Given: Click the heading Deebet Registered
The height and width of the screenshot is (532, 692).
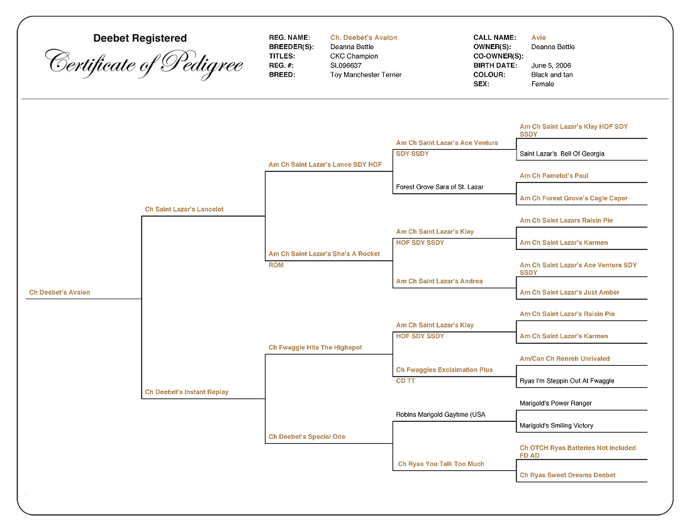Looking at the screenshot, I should [140, 38].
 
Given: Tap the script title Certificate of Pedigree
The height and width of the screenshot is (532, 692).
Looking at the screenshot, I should [144, 64].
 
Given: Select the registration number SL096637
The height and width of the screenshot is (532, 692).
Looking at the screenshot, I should [346, 65].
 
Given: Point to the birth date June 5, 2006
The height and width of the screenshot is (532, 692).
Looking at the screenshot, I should [551, 65].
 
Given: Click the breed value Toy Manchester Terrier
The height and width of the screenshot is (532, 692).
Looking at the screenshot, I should [366, 75].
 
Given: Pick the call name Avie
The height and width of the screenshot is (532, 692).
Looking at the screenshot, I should [539, 38].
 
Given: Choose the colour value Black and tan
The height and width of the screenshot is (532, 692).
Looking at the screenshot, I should [552, 75].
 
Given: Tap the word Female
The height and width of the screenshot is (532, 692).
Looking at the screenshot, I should [542, 84].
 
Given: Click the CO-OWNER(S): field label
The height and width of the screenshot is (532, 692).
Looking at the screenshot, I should [498, 56].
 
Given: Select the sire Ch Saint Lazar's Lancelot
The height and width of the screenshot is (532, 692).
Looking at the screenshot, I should [184, 210].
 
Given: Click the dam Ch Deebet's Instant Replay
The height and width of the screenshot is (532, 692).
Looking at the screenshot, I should [187, 392].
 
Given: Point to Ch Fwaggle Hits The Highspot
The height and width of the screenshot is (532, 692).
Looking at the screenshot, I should [315, 348].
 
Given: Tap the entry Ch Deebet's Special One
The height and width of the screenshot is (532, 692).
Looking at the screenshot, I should [307, 437].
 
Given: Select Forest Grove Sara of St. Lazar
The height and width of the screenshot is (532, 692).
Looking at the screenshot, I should [440, 187].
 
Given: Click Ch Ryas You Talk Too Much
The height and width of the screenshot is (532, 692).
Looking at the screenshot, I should [441, 464].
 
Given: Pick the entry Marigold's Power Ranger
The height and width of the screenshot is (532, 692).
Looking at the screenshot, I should [555, 404].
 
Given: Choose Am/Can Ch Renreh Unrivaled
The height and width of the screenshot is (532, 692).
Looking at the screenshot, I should [564, 359].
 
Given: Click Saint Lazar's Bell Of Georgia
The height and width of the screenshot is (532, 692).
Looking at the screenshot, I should [562, 154].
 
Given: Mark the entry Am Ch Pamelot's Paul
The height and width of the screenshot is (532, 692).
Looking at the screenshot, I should [554, 176].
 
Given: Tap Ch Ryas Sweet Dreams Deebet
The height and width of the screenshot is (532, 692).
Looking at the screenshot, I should [567, 475].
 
